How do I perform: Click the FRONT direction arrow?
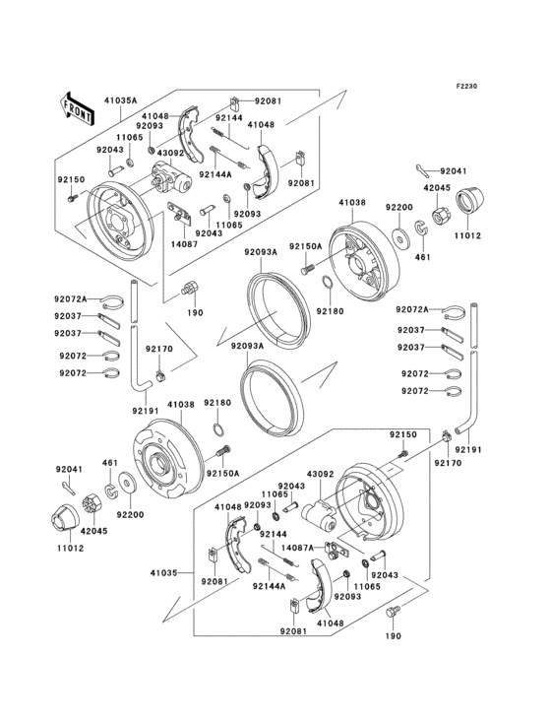point(77,106)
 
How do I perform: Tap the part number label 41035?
point(164,571)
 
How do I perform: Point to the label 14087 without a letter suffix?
point(156,242)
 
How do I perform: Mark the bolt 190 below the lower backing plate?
point(394,613)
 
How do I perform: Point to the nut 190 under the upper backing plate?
point(191,291)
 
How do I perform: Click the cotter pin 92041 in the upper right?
point(422,169)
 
